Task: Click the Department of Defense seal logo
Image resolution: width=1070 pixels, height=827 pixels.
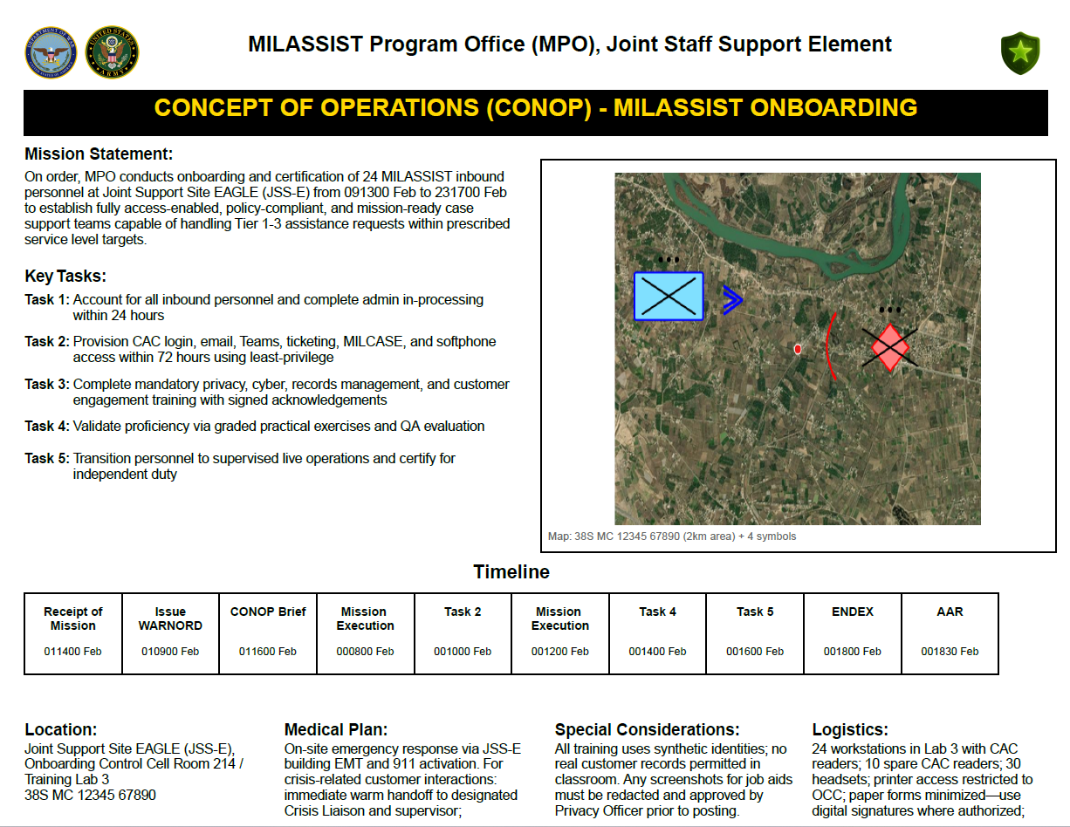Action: tap(51, 51)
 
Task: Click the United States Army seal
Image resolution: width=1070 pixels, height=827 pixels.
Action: tap(113, 51)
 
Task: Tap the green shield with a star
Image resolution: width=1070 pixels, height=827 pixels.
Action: tap(1019, 53)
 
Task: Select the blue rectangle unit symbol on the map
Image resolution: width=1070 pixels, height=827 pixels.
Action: tap(669, 296)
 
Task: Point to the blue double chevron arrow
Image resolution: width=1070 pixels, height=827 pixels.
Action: tap(732, 300)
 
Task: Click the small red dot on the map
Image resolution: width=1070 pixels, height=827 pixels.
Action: tap(798, 349)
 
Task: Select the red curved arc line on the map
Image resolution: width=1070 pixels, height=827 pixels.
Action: tap(830, 347)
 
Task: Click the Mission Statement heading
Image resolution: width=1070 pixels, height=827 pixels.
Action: tap(99, 154)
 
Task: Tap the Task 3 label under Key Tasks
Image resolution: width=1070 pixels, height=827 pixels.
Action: tap(46, 384)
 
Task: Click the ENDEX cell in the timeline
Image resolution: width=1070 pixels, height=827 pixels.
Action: tap(852, 632)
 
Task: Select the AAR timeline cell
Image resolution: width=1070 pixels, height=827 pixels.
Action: tap(950, 632)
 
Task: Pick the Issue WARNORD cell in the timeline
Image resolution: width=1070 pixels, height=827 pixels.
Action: tap(170, 632)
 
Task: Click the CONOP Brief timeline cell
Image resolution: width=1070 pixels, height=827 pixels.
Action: tap(268, 632)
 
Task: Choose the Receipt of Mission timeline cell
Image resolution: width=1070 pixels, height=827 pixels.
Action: tap(73, 632)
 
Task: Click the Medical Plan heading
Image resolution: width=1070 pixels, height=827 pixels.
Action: tap(336, 729)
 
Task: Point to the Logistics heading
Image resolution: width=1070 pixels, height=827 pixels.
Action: tap(850, 729)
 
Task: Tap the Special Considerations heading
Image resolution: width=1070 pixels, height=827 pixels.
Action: tap(647, 729)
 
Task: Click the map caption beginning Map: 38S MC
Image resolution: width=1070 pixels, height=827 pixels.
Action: tap(672, 537)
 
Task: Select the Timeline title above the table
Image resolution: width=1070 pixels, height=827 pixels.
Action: tap(511, 572)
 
